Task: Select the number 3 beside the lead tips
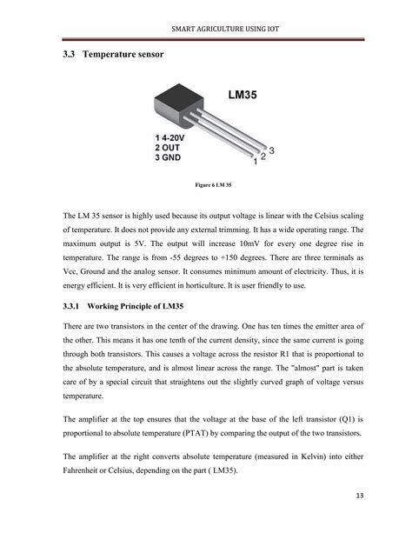[271, 150]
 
